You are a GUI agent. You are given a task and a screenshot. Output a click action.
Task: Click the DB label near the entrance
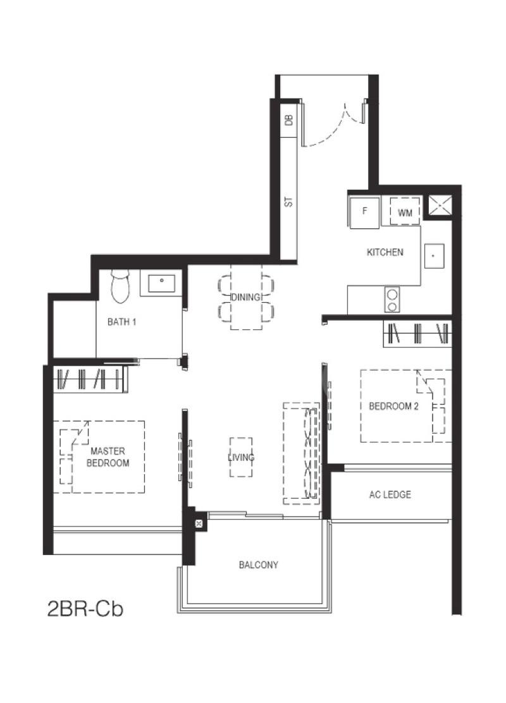(x=289, y=119)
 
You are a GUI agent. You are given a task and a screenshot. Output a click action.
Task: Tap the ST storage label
(x=289, y=202)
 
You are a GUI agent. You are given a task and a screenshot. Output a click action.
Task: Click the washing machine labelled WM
(x=405, y=212)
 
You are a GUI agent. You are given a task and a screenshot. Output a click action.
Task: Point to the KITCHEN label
(x=385, y=252)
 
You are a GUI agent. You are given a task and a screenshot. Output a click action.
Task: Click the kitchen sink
(x=435, y=256)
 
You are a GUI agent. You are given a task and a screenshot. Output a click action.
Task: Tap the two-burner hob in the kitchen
(x=392, y=300)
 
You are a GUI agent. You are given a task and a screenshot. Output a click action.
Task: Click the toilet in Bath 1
(x=120, y=285)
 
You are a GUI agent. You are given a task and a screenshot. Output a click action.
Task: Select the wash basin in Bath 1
(x=161, y=283)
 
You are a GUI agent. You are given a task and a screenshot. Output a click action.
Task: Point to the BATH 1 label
(x=121, y=321)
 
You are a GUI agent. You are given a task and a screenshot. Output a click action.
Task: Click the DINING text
(x=246, y=296)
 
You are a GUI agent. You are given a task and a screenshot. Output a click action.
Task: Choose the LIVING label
(x=241, y=457)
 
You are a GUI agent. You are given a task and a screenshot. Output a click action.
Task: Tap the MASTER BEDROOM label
(x=108, y=457)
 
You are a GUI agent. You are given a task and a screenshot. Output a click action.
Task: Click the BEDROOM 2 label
(x=393, y=407)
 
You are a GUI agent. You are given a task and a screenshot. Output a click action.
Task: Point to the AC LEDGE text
(x=390, y=494)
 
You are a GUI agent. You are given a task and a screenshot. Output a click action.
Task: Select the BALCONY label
(x=259, y=565)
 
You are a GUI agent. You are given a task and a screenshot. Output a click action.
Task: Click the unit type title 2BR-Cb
(x=85, y=609)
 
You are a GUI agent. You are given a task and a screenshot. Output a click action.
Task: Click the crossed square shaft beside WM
(x=438, y=206)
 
